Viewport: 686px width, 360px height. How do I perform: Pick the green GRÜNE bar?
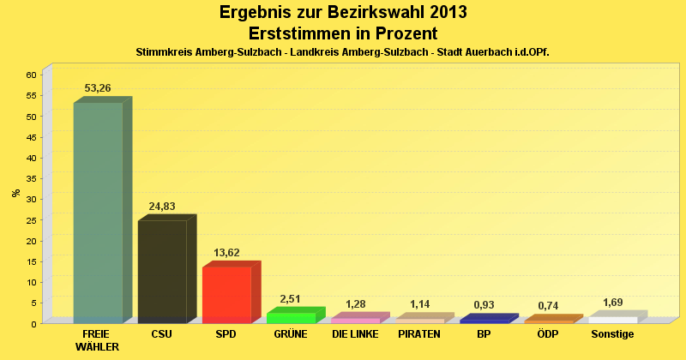tap(291, 317)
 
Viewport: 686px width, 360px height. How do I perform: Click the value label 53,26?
tap(98, 88)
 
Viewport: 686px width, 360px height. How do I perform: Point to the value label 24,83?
tap(161, 207)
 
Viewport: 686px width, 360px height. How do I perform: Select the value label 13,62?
tap(226, 253)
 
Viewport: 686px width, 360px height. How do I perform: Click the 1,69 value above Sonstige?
tap(612, 303)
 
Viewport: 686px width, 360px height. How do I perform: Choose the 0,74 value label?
tap(548, 306)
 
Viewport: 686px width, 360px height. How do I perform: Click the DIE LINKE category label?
tap(355, 334)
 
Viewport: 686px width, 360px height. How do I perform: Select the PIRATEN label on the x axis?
tap(419, 334)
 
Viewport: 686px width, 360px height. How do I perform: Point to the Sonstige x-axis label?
tap(612, 334)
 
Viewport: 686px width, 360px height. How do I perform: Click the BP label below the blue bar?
tap(484, 334)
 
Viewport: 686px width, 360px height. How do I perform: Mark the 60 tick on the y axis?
tap(30, 75)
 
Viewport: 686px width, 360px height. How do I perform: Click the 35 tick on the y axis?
tap(30, 178)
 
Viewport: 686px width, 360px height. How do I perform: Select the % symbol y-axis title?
tap(15, 193)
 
